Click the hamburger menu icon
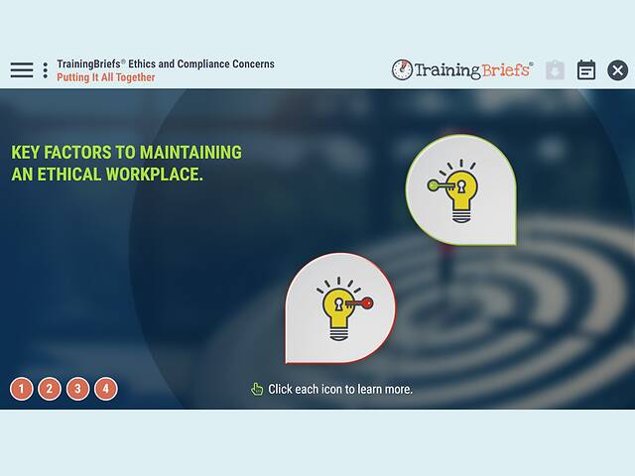point(22,70)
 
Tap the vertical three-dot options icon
point(45,70)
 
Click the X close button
point(617,70)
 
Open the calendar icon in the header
point(586,70)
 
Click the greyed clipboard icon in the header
point(555,70)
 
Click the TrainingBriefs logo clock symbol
point(402,70)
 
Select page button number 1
point(22,389)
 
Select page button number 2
point(50,389)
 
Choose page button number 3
point(77,389)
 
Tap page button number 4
point(105,389)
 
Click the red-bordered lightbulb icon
point(338,308)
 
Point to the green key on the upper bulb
point(440,183)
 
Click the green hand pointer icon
point(257,389)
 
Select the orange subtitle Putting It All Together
point(106,77)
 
